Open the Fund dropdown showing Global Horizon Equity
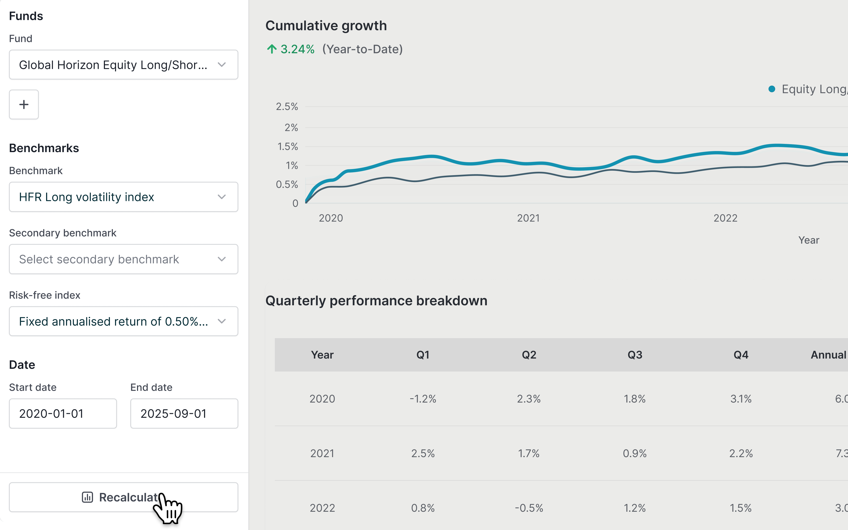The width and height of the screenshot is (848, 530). pyautogui.click(x=123, y=65)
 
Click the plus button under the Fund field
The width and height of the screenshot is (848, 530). pyautogui.click(x=24, y=104)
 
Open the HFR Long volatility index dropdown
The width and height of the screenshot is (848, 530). pyautogui.click(x=123, y=197)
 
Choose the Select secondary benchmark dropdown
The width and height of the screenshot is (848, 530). pyautogui.click(x=123, y=259)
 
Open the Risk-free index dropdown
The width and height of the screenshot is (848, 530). pyautogui.click(x=123, y=321)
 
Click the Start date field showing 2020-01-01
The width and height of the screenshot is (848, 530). pyautogui.click(x=63, y=414)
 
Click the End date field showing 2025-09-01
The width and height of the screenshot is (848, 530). pyautogui.click(x=184, y=414)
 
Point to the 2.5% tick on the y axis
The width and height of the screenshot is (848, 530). pyautogui.click(x=287, y=107)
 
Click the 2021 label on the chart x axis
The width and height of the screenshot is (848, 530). pyautogui.click(x=528, y=218)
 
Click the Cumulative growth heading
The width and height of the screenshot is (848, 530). pyautogui.click(x=326, y=26)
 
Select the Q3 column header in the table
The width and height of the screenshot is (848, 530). pyautogui.click(x=635, y=355)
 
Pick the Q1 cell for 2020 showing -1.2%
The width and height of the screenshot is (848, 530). pyautogui.click(x=423, y=399)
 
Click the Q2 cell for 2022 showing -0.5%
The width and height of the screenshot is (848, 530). pyautogui.click(x=529, y=508)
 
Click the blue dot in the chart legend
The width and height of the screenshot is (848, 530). pyautogui.click(x=772, y=89)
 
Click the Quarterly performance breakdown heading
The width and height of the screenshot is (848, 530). pyautogui.click(x=376, y=301)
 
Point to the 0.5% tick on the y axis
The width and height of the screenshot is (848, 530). pyautogui.click(x=287, y=184)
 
